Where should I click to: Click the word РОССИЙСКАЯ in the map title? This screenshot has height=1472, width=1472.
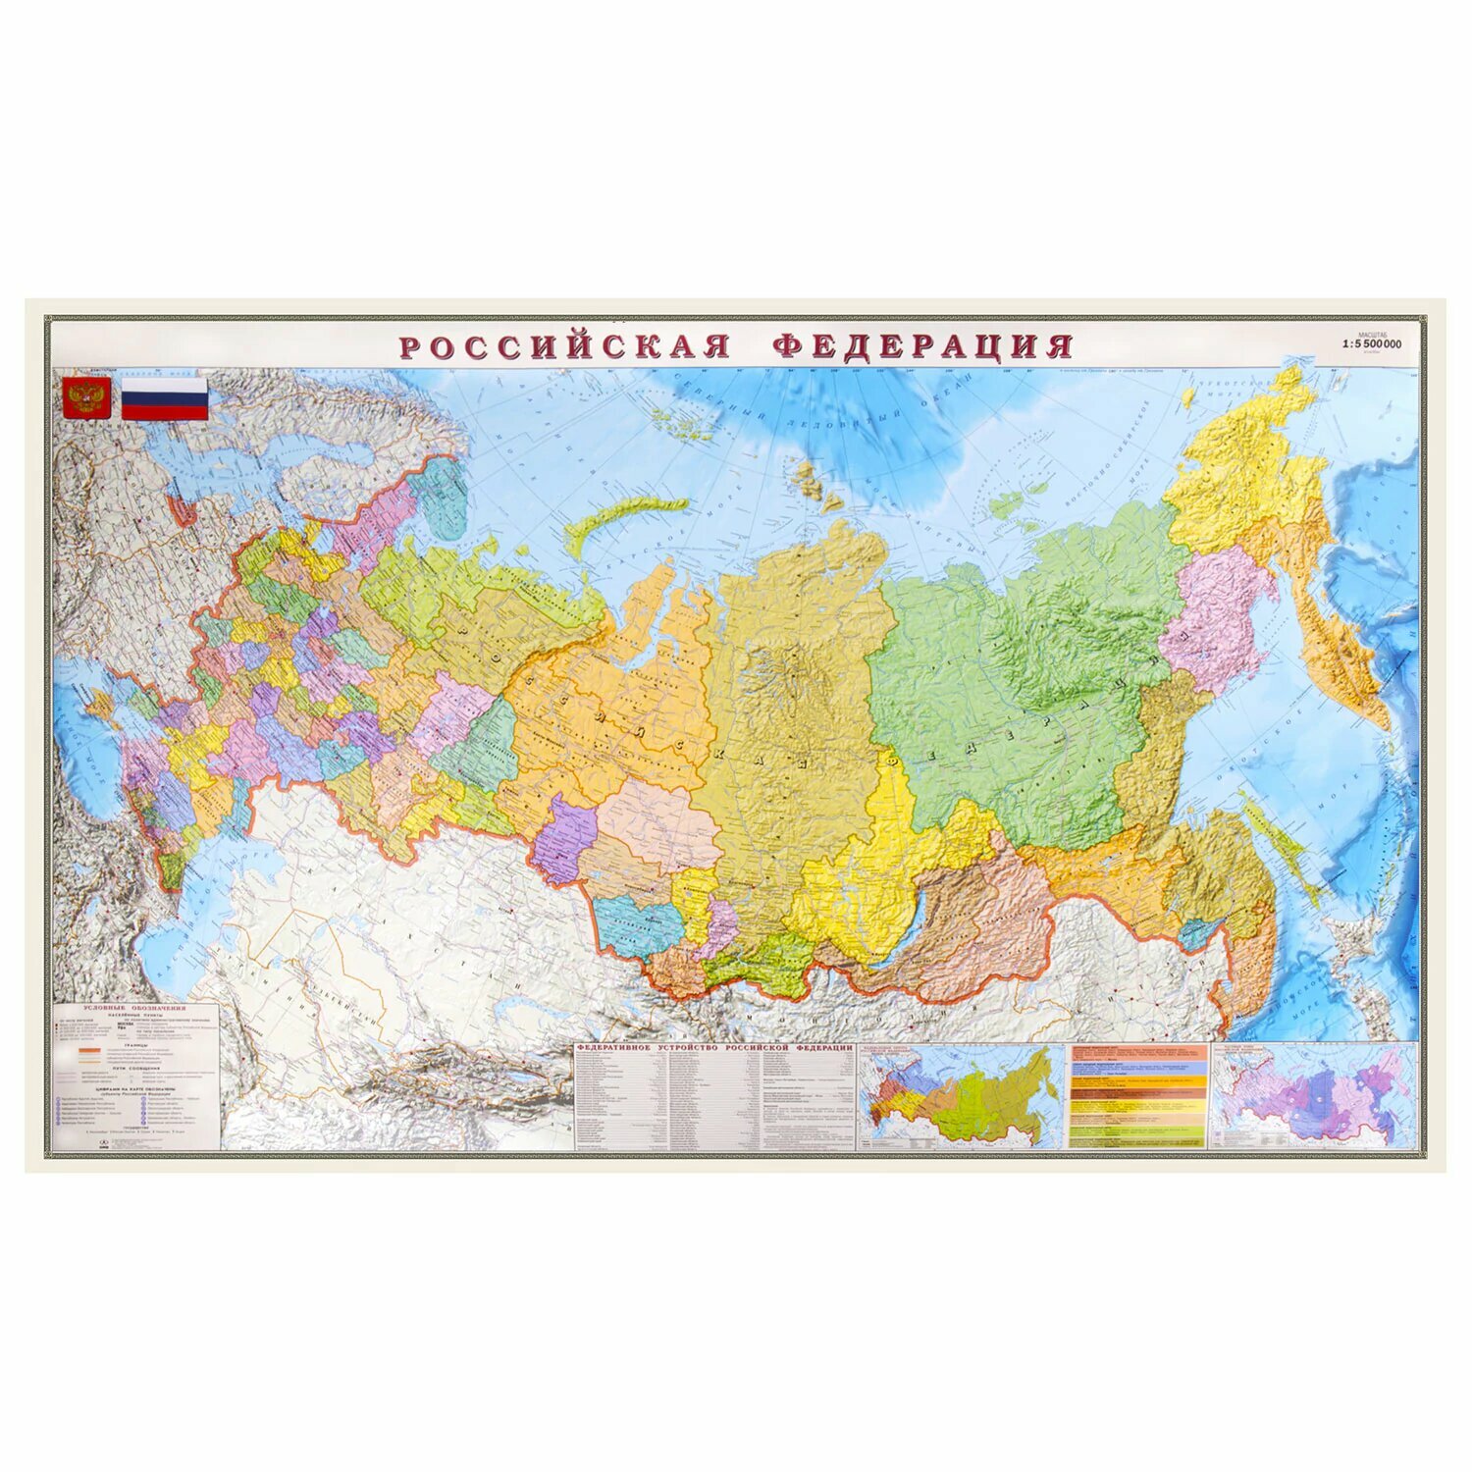pyautogui.click(x=564, y=346)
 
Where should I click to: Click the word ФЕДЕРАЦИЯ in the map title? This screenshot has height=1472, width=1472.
pyautogui.click(x=922, y=346)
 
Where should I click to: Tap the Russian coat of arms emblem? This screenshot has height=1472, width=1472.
pyautogui.click(x=86, y=398)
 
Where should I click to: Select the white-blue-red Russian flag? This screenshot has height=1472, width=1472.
pyautogui.click(x=164, y=398)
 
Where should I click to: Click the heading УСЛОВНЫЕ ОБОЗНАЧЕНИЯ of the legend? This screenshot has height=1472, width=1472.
pyautogui.click(x=134, y=1008)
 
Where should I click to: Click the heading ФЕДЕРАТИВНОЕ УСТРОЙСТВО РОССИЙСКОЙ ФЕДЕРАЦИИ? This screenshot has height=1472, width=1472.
pyautogui.click(x=714, y=1048)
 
